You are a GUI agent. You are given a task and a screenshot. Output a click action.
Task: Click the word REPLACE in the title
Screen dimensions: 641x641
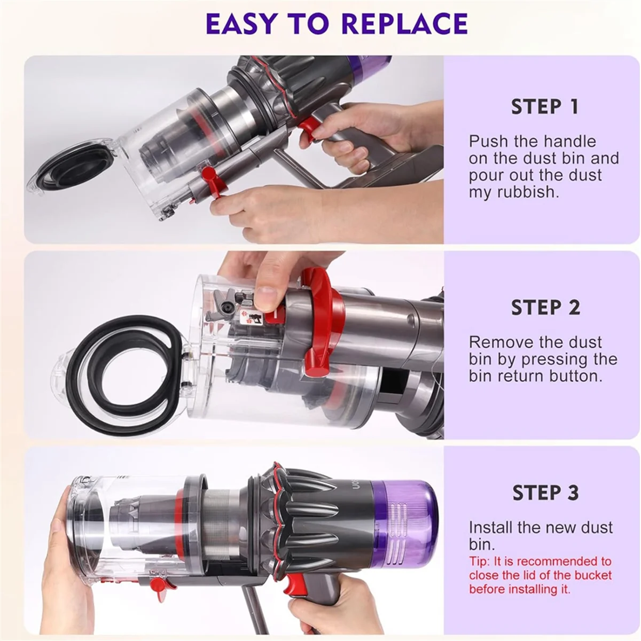[404, 24]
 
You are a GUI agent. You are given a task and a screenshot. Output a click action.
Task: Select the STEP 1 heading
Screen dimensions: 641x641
[545, 107]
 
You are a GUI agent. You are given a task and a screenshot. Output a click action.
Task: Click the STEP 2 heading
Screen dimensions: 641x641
[545, 308]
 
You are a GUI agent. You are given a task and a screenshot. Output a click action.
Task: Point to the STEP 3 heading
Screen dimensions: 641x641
[545, 493]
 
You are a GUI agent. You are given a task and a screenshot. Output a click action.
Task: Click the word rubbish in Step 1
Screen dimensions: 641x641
[528, 192]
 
